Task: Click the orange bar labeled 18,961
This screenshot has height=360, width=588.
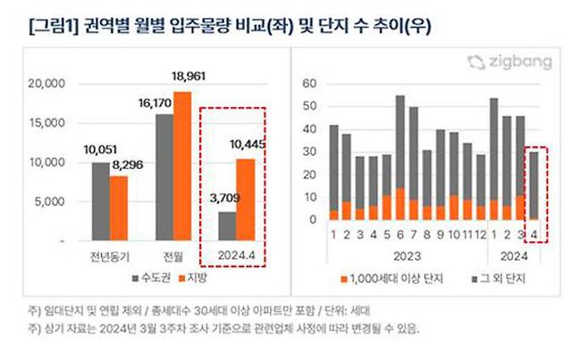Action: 182,166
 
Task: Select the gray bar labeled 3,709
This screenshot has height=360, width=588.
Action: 226,226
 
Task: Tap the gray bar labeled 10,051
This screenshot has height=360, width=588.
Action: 100,201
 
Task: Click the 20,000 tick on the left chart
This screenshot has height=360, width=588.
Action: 48,84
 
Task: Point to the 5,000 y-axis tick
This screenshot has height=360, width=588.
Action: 52,202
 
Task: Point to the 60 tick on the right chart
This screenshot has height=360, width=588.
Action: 310,83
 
